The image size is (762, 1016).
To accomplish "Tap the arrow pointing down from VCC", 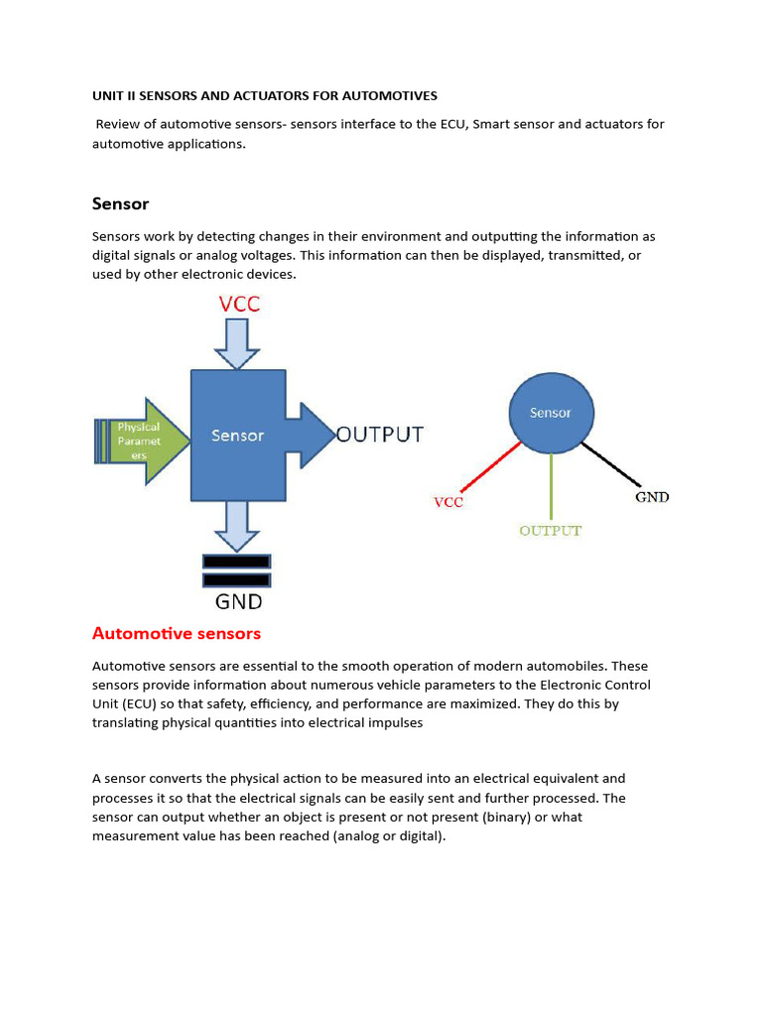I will tap(237, 345).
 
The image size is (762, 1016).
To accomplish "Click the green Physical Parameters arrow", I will tap(145, 441).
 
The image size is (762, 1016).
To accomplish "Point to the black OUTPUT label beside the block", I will tap(380, 435).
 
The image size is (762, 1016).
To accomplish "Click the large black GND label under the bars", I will tap(238, 601).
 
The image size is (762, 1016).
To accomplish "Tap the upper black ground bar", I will tap(236, 561).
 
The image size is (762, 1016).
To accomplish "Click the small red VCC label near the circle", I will tap(448, 502).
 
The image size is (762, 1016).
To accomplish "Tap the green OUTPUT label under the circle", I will tap(550, 531).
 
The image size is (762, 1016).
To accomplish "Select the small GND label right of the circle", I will tap(652, 497).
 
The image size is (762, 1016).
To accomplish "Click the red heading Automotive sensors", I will tap(177, 633).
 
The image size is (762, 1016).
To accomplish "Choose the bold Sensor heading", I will tap(120, 203).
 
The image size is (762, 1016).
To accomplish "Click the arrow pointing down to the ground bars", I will tap(237, 524).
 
